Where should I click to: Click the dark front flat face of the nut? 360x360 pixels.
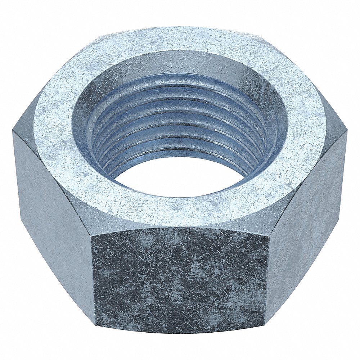coord(180,277)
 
